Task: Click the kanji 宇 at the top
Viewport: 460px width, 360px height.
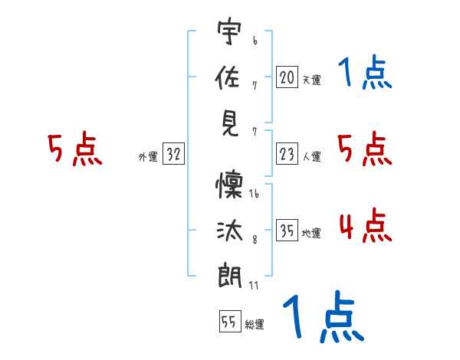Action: [x=229, y=31]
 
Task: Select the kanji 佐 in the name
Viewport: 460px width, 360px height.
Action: [x=228, y=77]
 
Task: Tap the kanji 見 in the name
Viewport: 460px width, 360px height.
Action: [x=230, y=124]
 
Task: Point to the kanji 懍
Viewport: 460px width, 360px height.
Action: [x=230, y=185]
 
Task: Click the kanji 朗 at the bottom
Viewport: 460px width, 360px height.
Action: [x=230, y=275]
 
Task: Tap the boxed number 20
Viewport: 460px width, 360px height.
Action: [x=287, y=77]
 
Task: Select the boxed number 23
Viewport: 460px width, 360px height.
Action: [x=287, y=154]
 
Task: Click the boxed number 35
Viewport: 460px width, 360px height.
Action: [x=287, y=230]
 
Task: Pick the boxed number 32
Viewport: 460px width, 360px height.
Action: [x=173, y=154]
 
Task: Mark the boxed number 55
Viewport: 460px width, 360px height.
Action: [x=230, y=321]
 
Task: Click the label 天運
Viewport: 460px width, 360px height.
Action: [x=312, y=80]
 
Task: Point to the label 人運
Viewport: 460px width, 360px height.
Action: [x=312, y=156]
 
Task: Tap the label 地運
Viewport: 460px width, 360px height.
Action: [x=311, y=233]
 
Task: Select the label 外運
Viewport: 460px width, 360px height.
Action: [x=148, y=156]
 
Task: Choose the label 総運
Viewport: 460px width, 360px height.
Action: [x=255, y=324]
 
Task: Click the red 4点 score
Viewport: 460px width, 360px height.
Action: [x=366, y=225]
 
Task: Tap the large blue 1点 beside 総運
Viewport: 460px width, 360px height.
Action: [x=324, y=316]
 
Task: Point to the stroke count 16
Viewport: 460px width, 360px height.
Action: [x=254, y=194]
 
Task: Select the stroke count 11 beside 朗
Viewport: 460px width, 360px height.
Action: [x=254, y=285]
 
